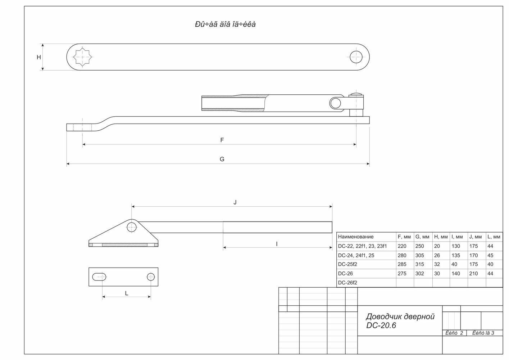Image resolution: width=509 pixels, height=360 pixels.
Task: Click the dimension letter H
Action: (x=39, y=57)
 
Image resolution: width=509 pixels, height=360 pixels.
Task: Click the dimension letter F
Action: (x=222, y=140)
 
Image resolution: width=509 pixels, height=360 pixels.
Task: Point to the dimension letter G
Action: (x=222, y=159)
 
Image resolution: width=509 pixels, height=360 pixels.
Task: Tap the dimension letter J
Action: (x=235, y=202)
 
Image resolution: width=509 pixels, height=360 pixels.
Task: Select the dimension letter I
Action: (x=276, y=244)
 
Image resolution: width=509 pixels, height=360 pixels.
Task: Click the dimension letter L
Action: (x=127, y=293)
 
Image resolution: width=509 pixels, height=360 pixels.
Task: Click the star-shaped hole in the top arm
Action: (x=82, y=57)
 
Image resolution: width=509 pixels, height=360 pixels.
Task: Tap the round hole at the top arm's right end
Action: (x=356, y=57)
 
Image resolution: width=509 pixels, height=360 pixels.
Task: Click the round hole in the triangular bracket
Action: (x=132, y=227)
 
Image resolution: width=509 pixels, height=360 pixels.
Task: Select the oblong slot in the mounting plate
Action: (x=100, y=277)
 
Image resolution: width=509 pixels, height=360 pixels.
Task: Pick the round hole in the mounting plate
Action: (x=151, y=277)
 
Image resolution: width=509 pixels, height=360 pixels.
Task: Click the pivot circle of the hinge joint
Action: (x=335, y=103)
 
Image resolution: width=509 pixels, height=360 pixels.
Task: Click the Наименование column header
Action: (x=356, y=237)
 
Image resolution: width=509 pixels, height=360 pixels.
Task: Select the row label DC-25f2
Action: (x=347, y=264)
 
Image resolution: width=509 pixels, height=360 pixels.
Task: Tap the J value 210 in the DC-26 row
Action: (x=473, y=274)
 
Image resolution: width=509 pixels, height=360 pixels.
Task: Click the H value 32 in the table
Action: (x=437, y=264)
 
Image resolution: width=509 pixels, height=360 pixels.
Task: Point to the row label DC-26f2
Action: (x=347, y=283)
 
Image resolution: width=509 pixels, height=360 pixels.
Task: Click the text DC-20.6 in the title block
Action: (x=381, y=325)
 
